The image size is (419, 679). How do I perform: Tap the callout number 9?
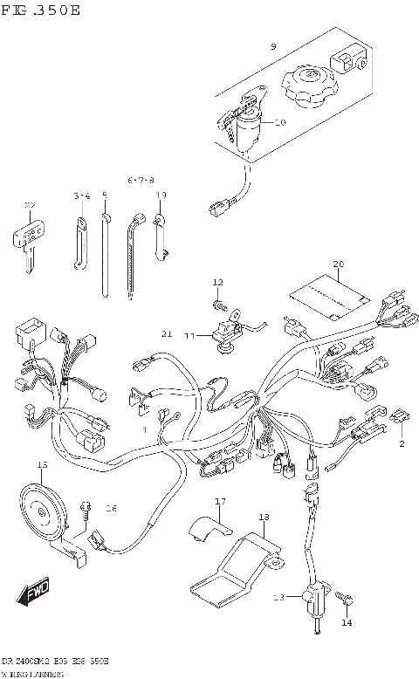point(272,46)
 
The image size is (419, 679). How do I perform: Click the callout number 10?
point(280,122)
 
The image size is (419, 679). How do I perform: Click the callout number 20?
point(339,264)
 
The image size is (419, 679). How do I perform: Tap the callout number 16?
point(111,508)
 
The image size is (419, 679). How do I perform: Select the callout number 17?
point(220,501)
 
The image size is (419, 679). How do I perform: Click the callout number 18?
point(263,518)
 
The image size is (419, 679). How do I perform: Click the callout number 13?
point(278,598)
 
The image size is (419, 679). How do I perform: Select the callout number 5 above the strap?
point(105,195)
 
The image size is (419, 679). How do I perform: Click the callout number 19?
point(161,195)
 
